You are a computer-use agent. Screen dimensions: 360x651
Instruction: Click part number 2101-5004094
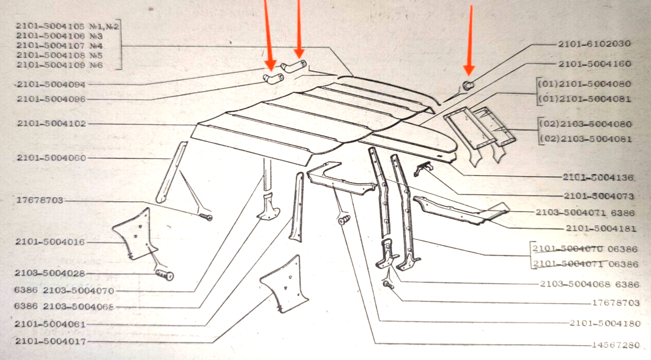click(x=51, y=84)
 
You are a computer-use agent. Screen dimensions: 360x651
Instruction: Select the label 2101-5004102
click(x=51, y=124)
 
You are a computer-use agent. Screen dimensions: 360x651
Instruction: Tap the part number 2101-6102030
click(x=594, y=44)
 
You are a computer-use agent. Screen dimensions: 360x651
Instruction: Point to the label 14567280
click(x=615, y=345)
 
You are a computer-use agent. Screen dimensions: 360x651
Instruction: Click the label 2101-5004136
click(x=598, y=177)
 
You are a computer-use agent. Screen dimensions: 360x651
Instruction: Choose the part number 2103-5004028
click(x=50, y=273)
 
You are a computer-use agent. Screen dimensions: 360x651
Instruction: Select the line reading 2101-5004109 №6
click(x=60, y=65)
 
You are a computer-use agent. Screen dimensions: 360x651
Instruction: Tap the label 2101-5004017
click(x=51, y=341)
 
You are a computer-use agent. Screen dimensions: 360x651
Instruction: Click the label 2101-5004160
click(x=594, y=64)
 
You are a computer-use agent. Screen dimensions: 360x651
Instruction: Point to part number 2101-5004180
click(x=605, y=323)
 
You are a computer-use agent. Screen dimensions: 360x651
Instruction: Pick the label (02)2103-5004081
click(x=585, y=139)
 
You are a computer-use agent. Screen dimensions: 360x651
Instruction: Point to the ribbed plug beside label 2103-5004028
click(x=165, y=274)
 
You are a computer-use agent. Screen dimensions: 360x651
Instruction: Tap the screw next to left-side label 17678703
click(x=206, y=217)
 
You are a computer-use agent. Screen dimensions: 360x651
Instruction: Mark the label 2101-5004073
click(x=598, y=197)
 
